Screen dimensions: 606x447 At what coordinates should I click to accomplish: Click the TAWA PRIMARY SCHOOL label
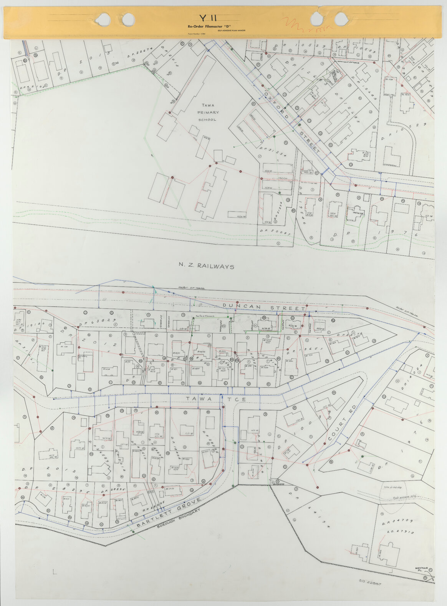[208, 112]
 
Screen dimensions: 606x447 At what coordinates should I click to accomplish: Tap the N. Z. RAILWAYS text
[206, 266]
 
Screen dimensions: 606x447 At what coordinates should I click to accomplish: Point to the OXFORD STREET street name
[292, 121]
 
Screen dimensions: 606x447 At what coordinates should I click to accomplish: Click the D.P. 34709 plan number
[397, 521]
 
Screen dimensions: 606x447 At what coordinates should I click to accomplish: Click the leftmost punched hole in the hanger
[103, 18]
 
